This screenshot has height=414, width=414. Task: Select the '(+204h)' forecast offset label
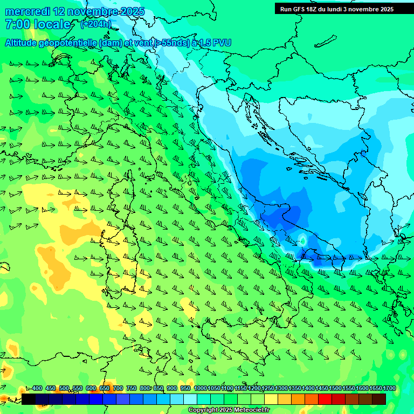pyautogui.click(x=96, y=24)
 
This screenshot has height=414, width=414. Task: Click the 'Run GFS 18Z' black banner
pyautogui.click(x=336, y=9)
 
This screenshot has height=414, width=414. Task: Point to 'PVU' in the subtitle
pyautogui.click(x=222, y=43)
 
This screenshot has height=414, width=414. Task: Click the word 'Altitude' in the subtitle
pyautogui.click(x=23, y=43)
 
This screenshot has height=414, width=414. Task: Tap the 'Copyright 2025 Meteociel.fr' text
pyautogui.click(x=229, y=410)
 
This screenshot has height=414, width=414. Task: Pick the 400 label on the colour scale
pyautogui.click(x=37, y=389)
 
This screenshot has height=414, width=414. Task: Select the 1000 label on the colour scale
pyautogui.click(x=200, y=389)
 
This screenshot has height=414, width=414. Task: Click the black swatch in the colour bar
pyautogui.click(x=29, y=399)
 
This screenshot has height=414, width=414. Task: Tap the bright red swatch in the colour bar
pyautogui.click(x=325, y=399)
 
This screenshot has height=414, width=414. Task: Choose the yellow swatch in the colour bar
pyautogui.click(x=271, y=399)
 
